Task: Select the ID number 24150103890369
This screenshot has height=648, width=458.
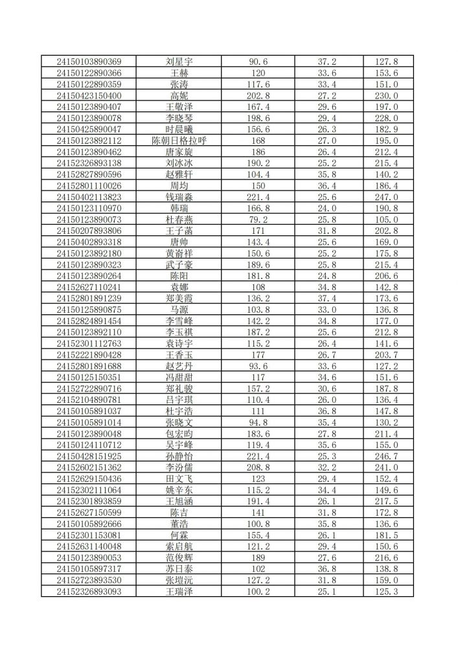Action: pyautogui.click(x=89, y=62)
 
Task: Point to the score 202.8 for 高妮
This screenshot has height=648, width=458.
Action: pyautogui.click(x=258, y=95)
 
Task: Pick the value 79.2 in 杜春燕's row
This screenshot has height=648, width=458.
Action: pyautogui.click(x=258, y=220)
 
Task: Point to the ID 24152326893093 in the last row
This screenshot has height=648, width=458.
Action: pyautogui.click(x=89, y=592)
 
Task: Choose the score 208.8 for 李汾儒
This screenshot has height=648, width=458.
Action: pyautogui.click(x=258, y=467)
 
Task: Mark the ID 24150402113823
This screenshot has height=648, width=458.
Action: pyautogui.click(x=89, y=197)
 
